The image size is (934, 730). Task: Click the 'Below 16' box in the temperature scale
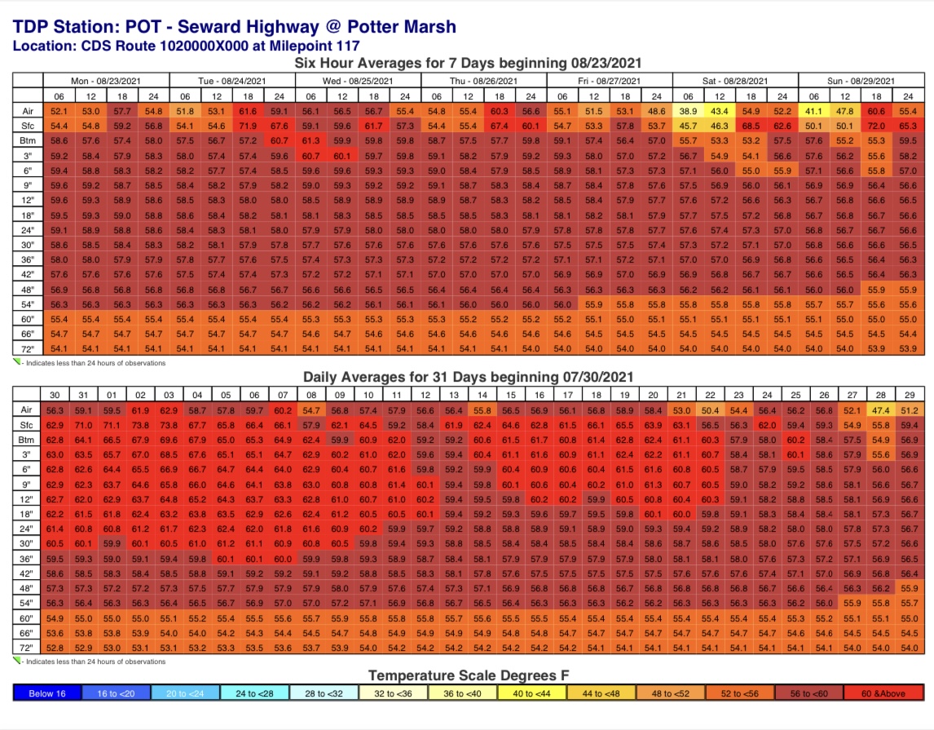click(x=47, y=693)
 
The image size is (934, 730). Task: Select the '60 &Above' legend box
click(x=887, y=693)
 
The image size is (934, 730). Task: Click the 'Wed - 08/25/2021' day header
click(x=358, y=81)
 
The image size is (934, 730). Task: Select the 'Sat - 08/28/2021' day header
click(x=734, y=81)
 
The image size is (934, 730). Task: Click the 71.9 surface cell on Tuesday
click(x=248, y=126)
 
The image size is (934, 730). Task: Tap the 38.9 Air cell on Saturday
click(x=688, y=111)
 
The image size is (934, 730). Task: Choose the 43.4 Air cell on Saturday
click(x=719, y=111)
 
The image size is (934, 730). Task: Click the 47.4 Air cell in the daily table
click(x=880, y=410)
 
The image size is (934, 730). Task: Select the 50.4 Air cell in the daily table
click(x=711, y=410)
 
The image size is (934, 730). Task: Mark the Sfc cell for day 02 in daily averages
click(x=140, y=425)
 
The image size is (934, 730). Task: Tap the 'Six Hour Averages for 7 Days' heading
click(x=467, y=63)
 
